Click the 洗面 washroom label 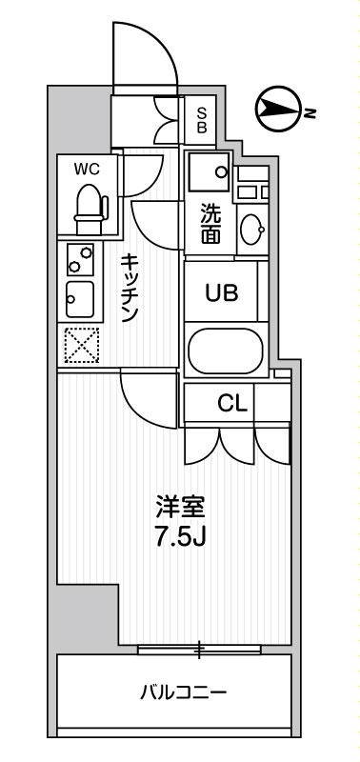pos(210,225)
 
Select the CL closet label pos(232,403)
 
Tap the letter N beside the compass pos(310,113)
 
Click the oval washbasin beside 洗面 pos(253,229)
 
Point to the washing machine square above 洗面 pos(209,171)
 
